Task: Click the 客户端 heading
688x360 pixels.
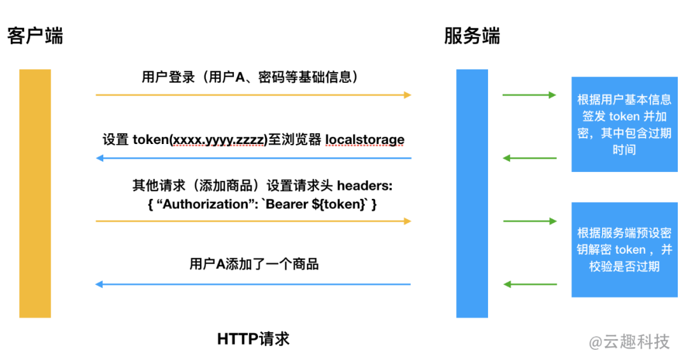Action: click(36, 36)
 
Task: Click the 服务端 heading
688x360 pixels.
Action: click(472, 36)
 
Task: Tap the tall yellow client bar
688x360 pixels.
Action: click(35, 193)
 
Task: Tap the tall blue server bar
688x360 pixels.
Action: click(472, 193)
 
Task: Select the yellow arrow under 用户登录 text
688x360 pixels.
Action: click(254, 95)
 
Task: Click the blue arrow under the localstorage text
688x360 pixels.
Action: click(254, 158)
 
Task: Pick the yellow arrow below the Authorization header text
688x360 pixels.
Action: click(254, 221)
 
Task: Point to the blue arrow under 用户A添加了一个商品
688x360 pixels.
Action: click(254, 284)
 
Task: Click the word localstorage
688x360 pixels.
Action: click(364, 139)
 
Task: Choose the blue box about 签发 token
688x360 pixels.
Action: click(624, 124)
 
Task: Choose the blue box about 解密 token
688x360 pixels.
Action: click(624, 250)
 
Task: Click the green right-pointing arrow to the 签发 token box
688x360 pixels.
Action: click(529, 96)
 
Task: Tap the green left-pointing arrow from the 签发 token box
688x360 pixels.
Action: click(529, 158)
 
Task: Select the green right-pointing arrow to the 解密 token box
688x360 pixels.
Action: click(529, 221)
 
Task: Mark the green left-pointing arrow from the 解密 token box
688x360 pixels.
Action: click(529, 284)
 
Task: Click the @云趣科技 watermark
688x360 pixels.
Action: click(629, 342)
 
